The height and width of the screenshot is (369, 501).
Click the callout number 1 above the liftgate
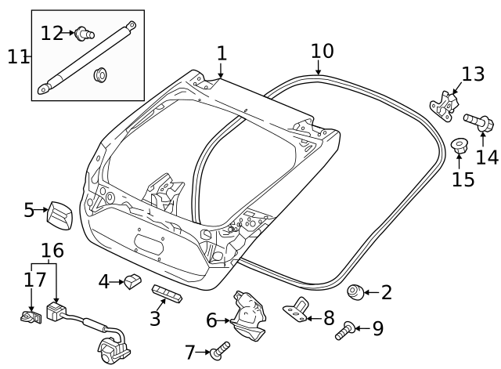coord(222,53)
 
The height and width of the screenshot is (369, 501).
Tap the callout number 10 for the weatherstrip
coord(322,52)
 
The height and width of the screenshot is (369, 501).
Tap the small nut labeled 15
coord(459,146)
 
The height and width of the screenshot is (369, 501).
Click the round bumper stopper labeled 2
coord(354,292)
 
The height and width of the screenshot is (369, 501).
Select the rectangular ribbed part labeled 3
coord(167,293)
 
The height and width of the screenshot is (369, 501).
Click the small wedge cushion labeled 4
coord(132,280)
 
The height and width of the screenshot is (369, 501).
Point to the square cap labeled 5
coord(59,212)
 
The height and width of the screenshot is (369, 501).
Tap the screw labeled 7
coord(222,348)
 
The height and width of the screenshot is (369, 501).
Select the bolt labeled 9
coord(345,331)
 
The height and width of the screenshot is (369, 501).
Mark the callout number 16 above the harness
coord(52,251)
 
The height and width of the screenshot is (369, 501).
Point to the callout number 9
coord(378,328)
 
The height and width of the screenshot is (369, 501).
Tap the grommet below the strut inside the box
coord(100,76)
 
